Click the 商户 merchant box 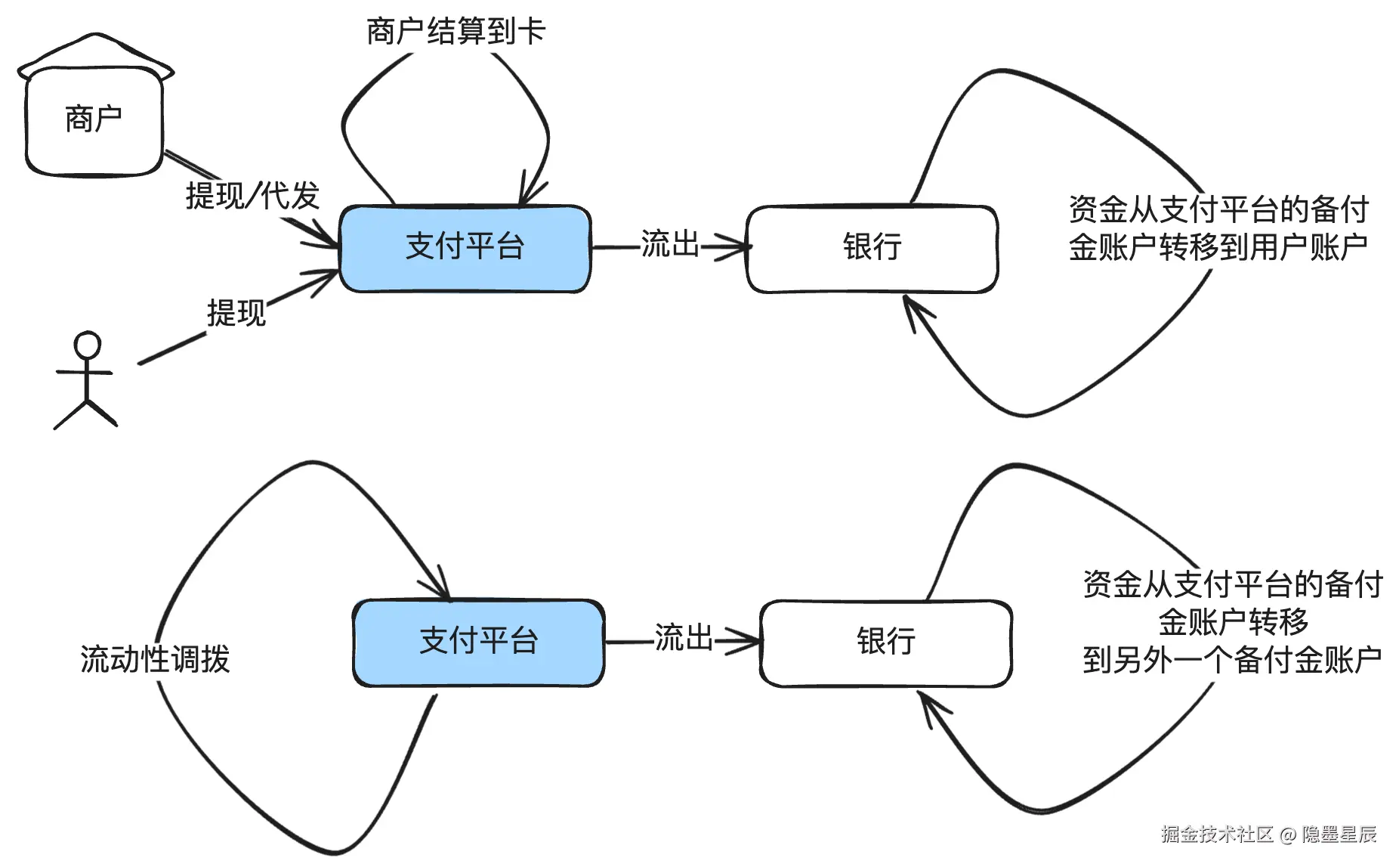94,121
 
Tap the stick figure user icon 86,380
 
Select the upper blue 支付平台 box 465,248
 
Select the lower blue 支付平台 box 478,643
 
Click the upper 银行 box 872,248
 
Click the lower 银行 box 885,643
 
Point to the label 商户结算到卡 456,32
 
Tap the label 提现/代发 252,196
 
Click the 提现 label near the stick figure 236,313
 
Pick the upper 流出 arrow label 670,244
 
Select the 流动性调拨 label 155,659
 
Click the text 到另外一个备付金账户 1232,660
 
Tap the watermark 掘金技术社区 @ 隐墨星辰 1269,834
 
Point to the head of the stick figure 87,345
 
